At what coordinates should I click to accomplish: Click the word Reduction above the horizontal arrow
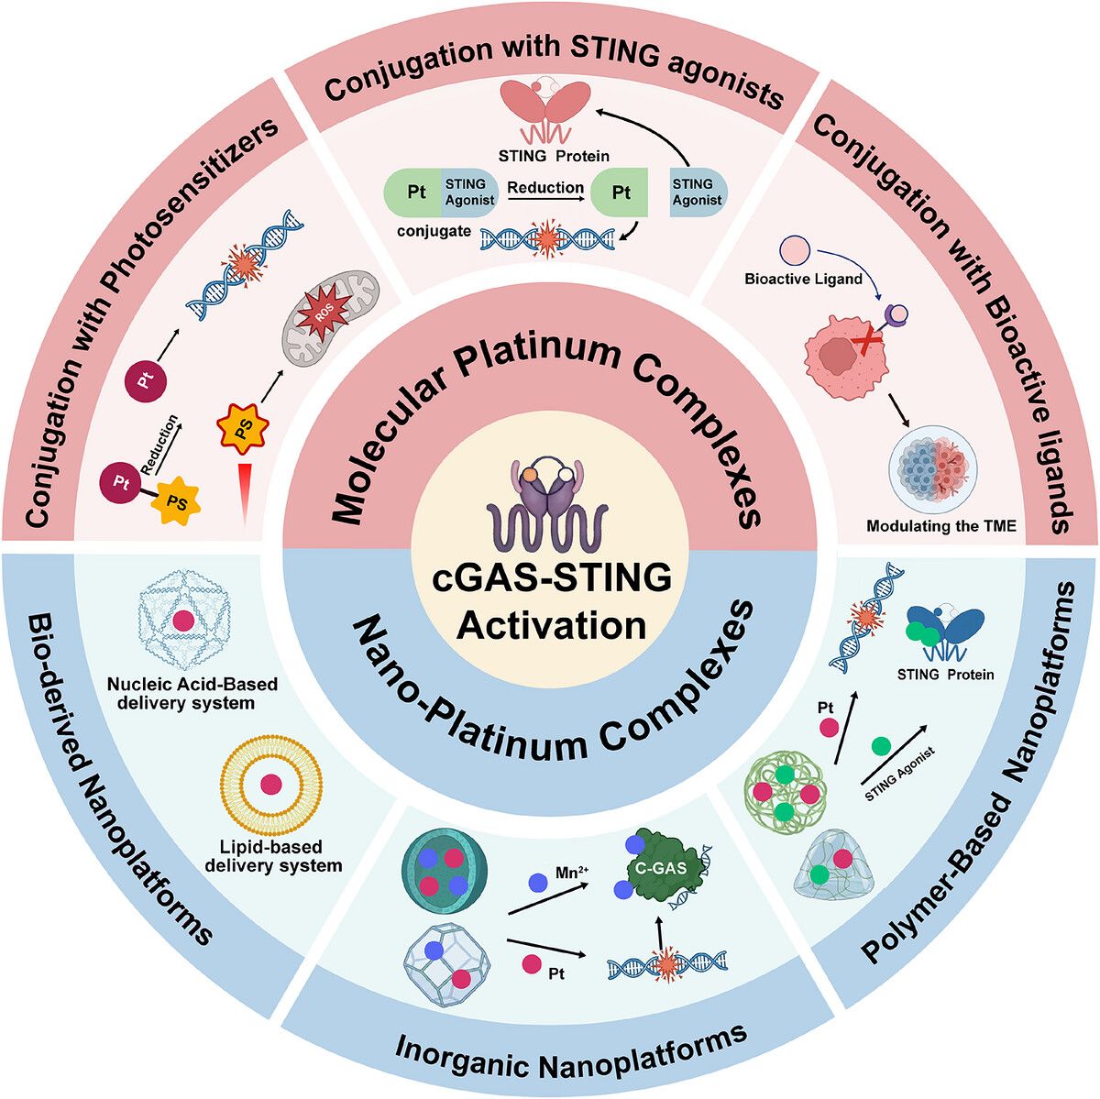(545, 187)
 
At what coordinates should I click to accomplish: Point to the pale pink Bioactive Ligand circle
(795, 249)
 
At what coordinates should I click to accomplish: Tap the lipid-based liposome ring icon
(271, 785)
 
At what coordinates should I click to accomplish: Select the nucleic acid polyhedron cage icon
(183, 621)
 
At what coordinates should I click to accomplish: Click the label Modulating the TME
(941, 525)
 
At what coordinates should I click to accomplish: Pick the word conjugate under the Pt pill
(434, 231)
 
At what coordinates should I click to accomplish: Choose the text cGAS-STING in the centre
(551, 577)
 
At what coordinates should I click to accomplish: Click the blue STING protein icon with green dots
(945, 630)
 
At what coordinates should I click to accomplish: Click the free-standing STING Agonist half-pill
(697, 192)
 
